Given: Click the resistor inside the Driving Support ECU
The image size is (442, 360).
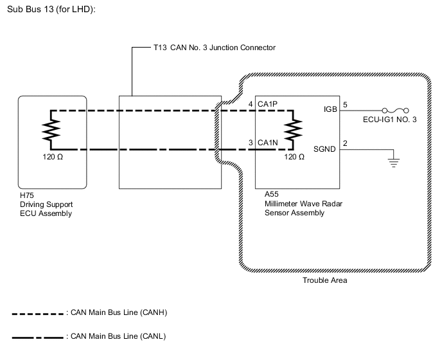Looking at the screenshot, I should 51,130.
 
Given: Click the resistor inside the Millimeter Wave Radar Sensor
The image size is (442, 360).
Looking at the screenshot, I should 294,130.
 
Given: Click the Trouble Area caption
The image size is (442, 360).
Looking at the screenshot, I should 325,281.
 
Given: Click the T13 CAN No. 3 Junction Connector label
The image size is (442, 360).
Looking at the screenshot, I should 215,48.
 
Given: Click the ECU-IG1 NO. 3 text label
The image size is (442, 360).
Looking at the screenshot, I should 388,120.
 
